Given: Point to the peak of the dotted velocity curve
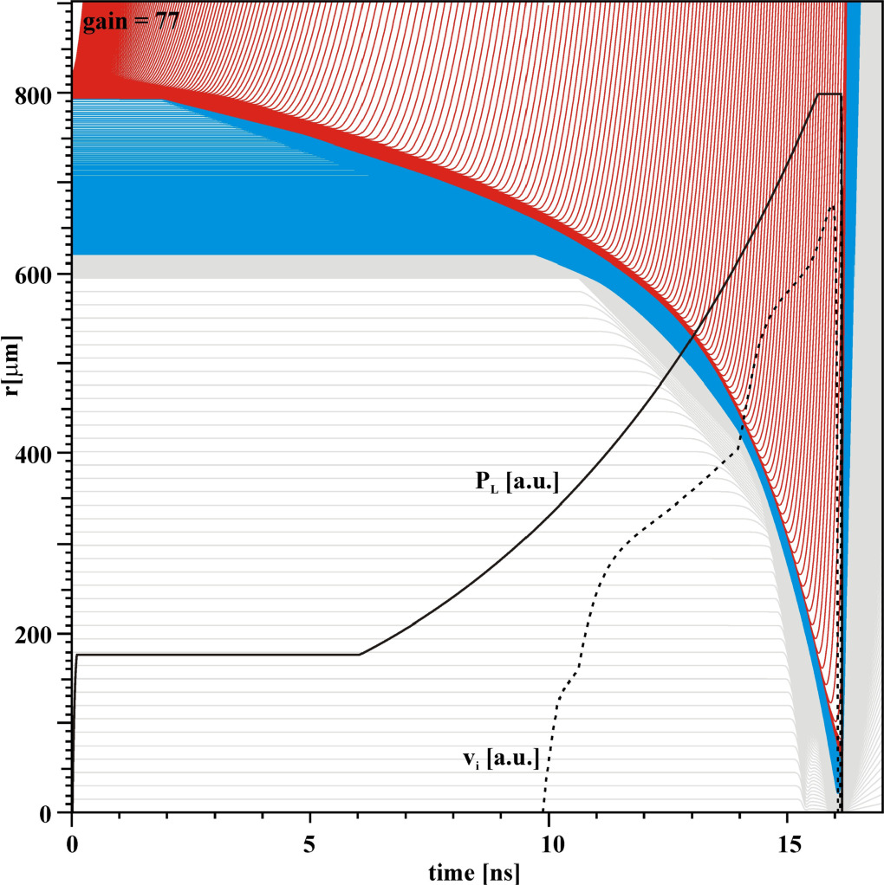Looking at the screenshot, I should pos(832,206).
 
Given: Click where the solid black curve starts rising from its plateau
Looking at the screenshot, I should pos(360,654).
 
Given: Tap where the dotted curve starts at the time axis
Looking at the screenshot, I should pos(543,811).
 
